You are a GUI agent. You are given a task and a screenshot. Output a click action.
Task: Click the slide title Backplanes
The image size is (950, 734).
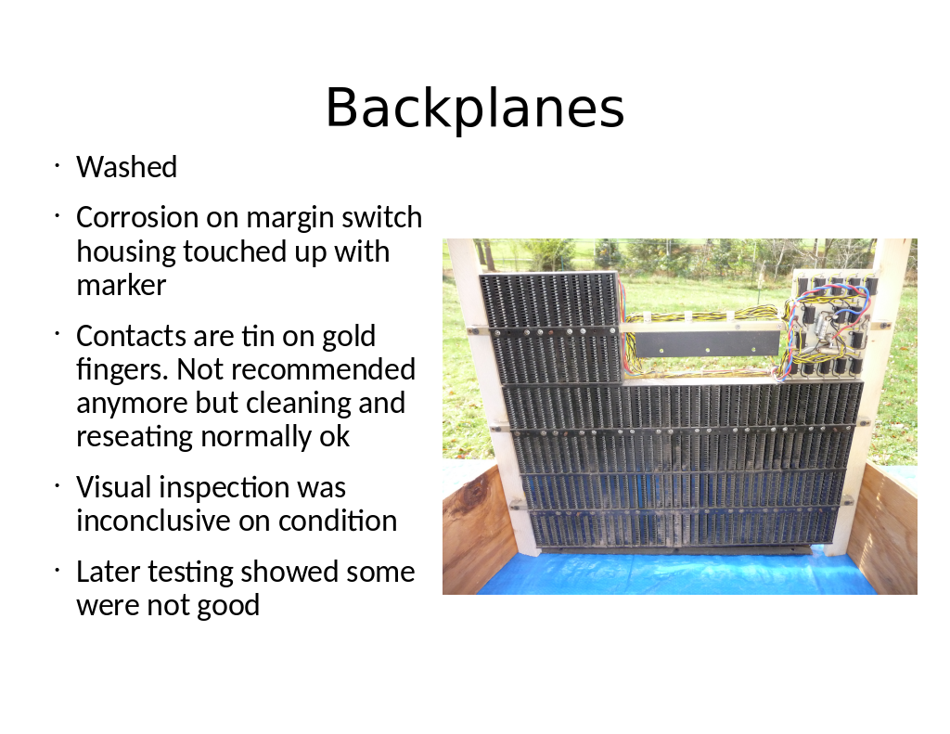pos(475,108)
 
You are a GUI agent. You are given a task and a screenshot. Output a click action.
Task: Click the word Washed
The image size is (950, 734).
pos(126,167)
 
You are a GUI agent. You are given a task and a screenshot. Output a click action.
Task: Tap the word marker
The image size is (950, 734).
pos(122,285)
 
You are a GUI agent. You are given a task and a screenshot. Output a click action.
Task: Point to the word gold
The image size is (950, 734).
pos(349,337)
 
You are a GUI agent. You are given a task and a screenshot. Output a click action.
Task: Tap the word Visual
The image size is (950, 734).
pos(113,487)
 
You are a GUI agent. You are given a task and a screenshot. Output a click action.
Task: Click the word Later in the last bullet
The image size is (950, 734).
pos(108,572)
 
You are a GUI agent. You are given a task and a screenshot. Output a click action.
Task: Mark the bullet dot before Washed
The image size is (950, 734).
pos(57,165)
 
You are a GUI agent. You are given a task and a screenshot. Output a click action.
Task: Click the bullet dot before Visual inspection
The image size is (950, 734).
pos(57,485)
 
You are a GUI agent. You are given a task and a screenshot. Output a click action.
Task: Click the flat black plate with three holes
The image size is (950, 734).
pos(706,343)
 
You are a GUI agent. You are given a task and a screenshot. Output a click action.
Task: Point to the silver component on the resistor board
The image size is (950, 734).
pos(825,324)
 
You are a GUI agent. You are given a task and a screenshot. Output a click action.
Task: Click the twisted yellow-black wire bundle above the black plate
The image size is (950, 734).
pos(703,316)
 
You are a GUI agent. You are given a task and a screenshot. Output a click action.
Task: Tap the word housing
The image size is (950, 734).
pos(125,251)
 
